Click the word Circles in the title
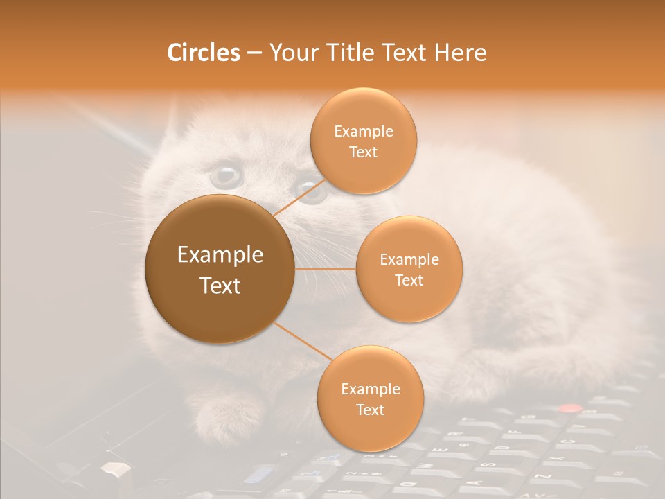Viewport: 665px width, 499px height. (203, 53)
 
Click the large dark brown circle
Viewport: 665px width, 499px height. (220, 269)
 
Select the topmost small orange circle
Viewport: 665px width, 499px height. (363, 141)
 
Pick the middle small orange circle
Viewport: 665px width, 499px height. (409, 269)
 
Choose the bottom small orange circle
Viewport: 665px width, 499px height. (370, 399)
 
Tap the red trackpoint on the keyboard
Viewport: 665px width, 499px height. (569, 409)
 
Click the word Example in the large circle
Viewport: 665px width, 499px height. (220, 255)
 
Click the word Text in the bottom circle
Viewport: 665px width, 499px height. (370, 410)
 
